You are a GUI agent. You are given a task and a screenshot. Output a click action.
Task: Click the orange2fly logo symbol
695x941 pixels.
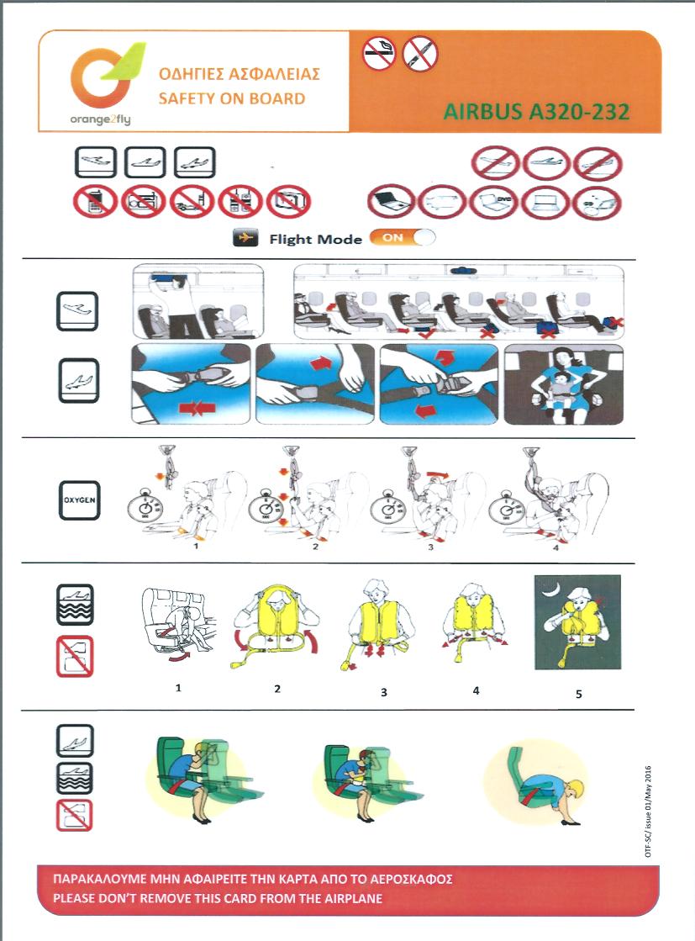102,75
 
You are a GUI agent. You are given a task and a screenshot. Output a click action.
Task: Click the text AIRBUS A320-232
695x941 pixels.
536,112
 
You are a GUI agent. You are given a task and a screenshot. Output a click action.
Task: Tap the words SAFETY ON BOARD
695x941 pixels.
231,98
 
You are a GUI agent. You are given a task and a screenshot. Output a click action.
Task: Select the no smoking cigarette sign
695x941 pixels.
379,54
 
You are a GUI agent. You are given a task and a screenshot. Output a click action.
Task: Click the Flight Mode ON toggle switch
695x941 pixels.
403,238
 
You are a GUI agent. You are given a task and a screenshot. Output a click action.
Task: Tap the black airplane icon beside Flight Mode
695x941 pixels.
245,238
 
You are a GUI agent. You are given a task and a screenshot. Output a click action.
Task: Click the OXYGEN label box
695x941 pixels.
79,500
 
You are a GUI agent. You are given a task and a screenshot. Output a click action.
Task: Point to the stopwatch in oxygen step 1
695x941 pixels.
145,508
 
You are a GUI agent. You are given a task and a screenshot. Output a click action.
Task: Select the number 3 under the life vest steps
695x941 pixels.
384,693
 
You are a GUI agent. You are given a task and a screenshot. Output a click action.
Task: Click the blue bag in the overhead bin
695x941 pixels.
169,278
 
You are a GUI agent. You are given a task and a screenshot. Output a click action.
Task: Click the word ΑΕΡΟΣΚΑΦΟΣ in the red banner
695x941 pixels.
411,879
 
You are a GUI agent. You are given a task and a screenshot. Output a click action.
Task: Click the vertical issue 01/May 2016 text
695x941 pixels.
648,811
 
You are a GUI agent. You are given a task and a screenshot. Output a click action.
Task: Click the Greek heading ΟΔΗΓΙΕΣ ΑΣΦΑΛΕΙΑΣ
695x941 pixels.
240,74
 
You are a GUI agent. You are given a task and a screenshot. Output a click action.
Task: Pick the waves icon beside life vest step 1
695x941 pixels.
75,605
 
